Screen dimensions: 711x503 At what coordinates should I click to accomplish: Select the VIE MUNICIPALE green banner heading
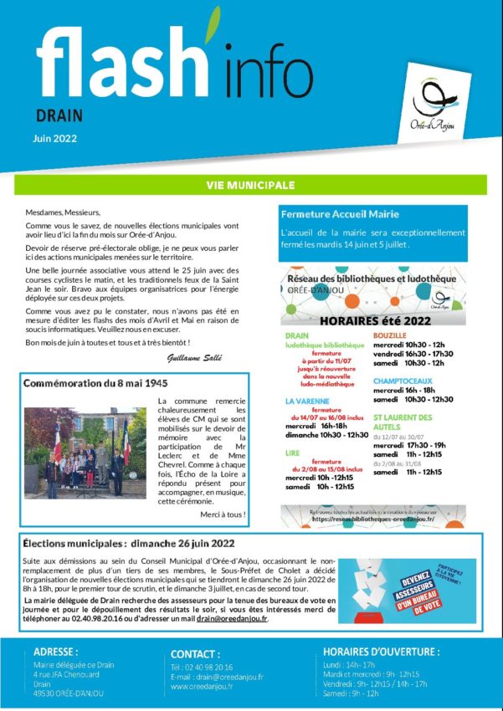tap(250, 184)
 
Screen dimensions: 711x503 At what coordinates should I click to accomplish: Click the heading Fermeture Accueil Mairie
tap(340, 215)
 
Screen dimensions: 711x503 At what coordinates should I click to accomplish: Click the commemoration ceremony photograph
tap(88, 453)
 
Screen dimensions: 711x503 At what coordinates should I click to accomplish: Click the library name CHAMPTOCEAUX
tap(403, 380)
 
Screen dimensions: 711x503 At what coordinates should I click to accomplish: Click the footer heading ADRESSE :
tap(56, 652)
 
